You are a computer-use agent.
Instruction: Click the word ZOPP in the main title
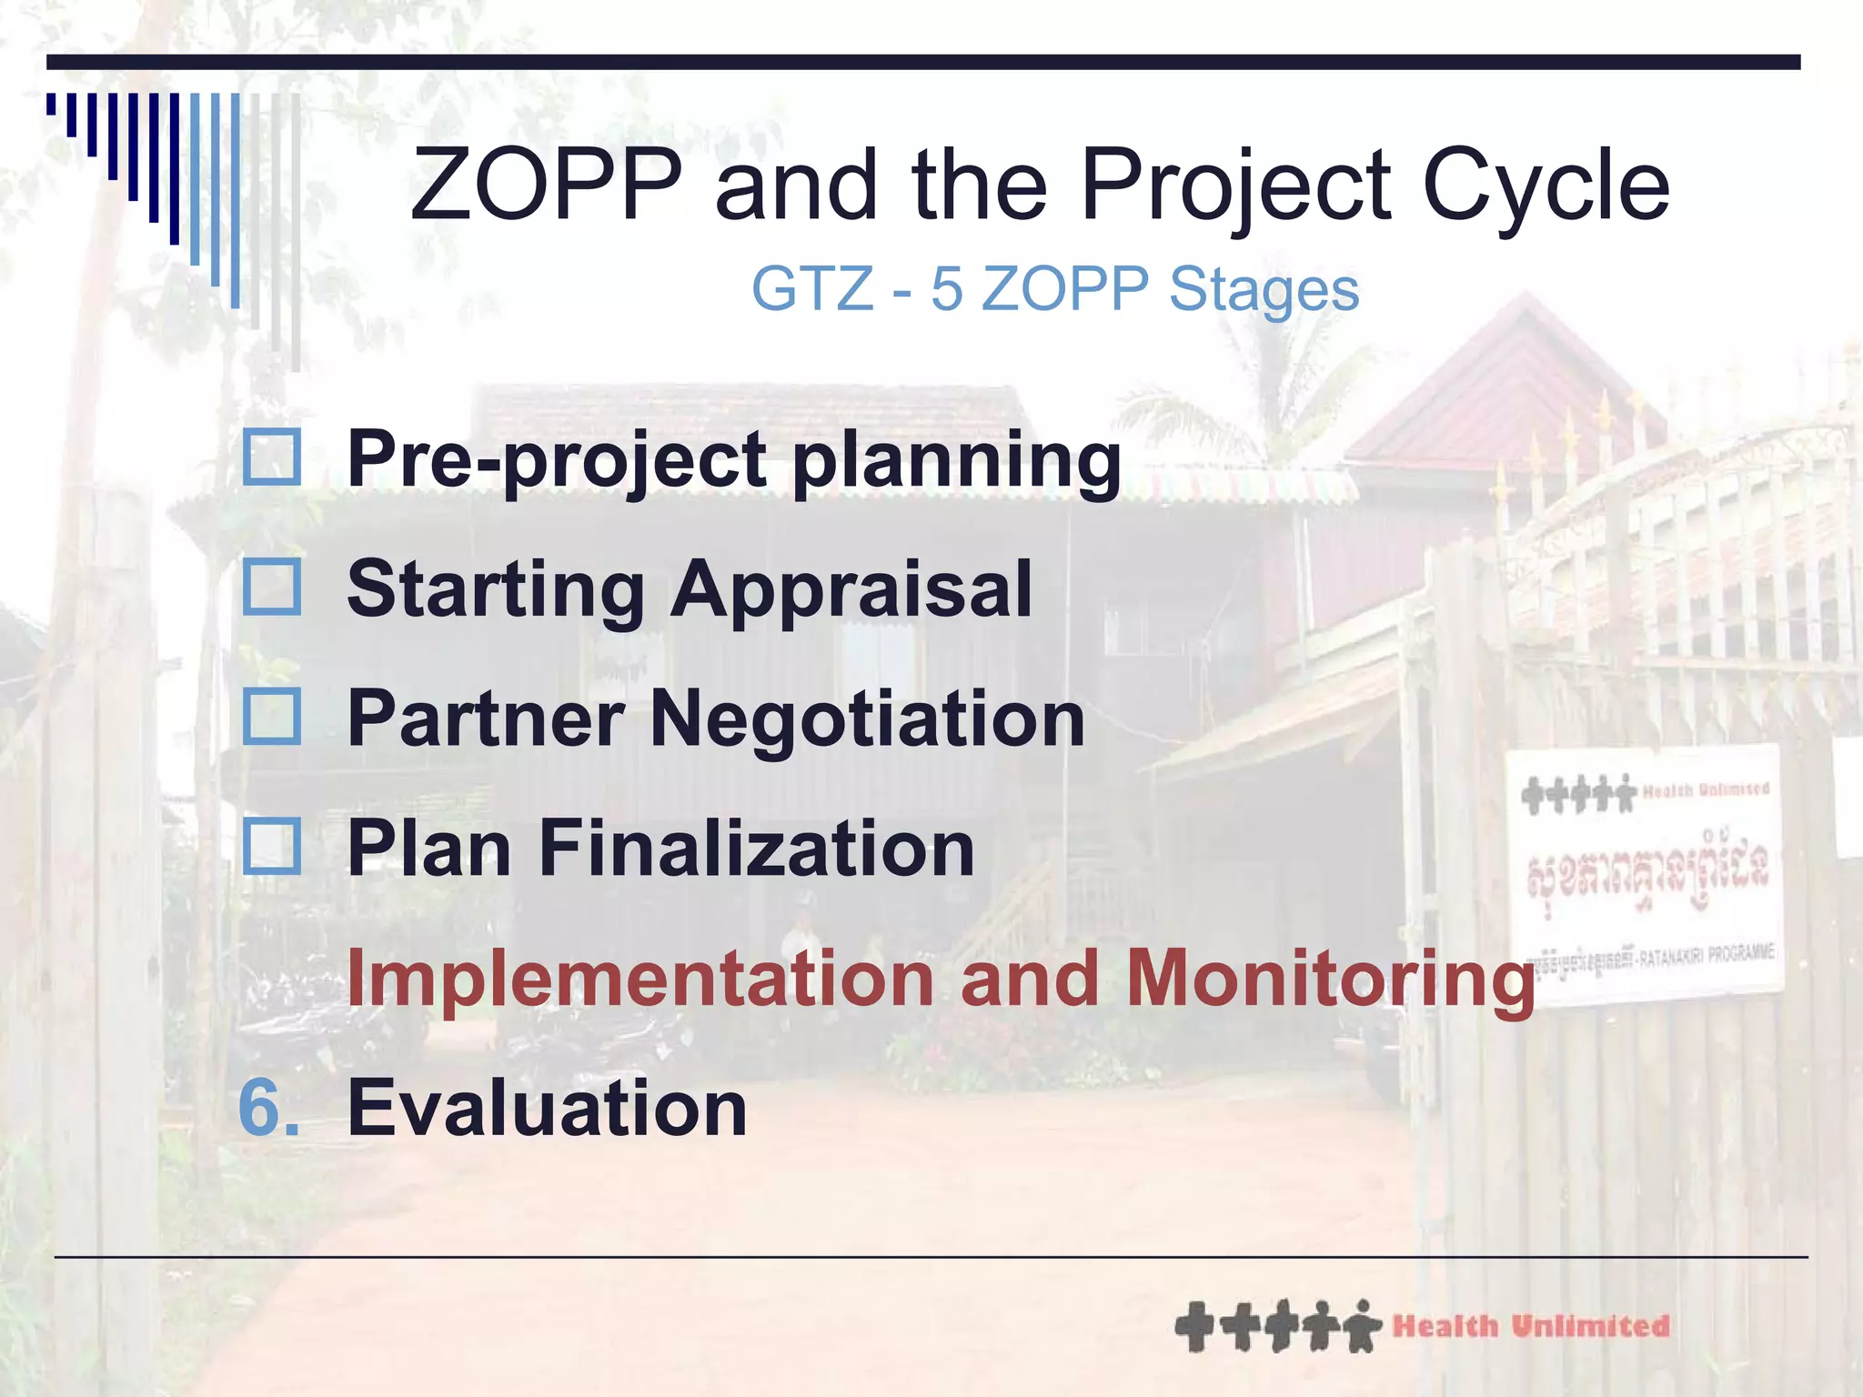point(546,186)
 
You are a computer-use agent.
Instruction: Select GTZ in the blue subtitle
point(811,289)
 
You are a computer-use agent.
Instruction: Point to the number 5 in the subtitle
point(946,289)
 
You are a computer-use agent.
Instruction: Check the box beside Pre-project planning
point(272,457)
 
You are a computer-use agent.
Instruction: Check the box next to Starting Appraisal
point(272,588)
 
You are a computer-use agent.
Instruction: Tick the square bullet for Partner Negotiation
point(272,717)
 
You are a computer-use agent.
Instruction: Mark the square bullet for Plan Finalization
point(272,847)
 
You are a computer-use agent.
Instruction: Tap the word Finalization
point(756,849)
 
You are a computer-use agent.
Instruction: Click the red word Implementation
point(640,979)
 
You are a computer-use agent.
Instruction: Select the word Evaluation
point(547,1108)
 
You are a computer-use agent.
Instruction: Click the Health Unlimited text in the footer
point(1531,1326)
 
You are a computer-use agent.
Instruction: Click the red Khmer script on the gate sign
point(1647,869)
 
